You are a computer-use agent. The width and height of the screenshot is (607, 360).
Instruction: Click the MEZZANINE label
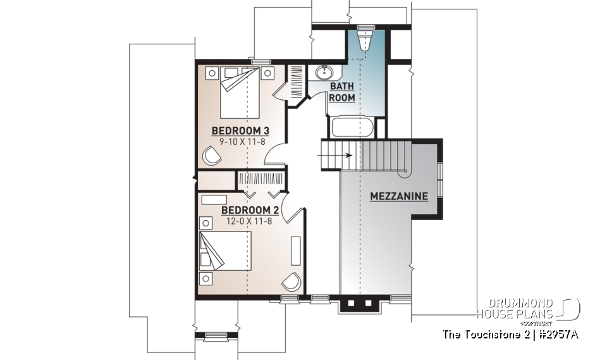tap(398, 196)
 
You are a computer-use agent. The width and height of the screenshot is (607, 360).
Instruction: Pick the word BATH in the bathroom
tap(342, 87)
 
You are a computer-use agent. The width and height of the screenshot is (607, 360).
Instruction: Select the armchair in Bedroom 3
tap(212, 154)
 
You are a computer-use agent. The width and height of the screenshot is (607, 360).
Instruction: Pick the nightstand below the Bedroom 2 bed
tap(206, 277)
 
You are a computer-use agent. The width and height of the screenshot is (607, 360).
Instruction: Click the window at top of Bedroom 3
tap(257, 61)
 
